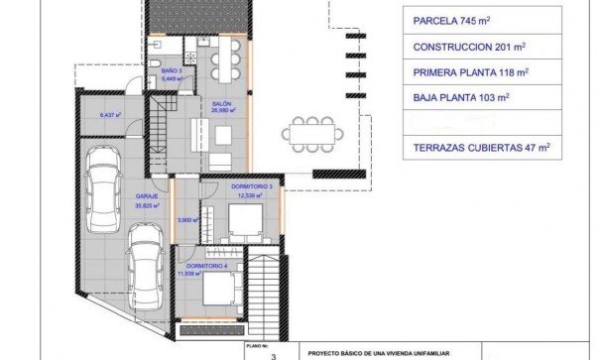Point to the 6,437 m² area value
110,115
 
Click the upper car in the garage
99,187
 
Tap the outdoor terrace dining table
312,131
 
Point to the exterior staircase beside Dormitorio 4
265,288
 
